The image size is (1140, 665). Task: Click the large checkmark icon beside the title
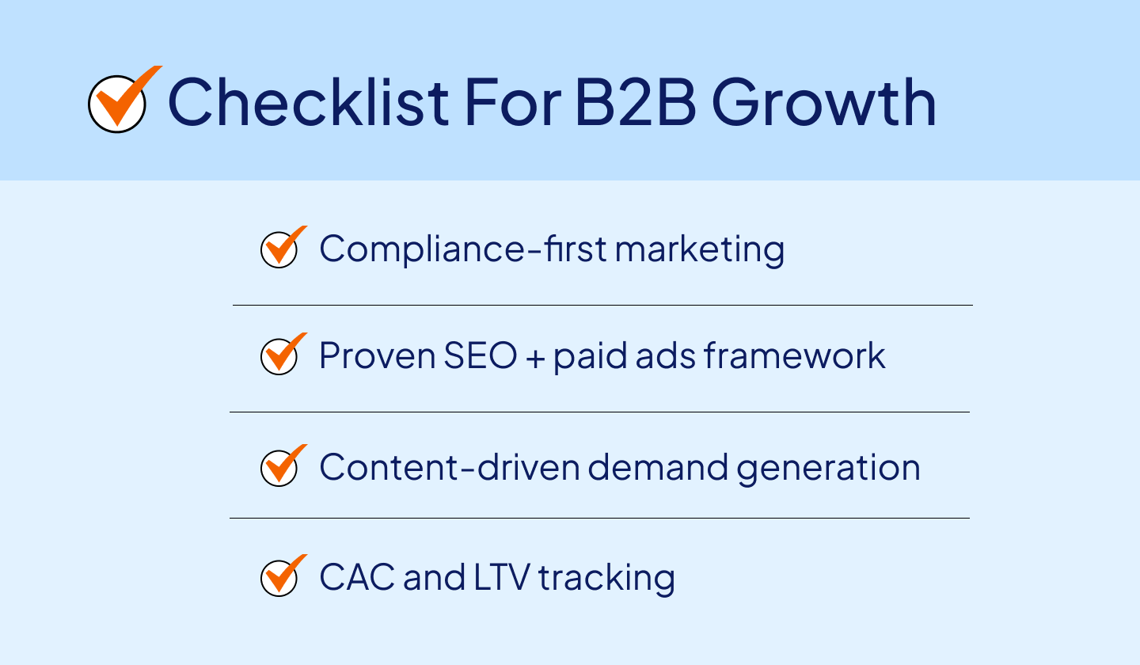119,101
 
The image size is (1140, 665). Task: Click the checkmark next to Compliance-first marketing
280,249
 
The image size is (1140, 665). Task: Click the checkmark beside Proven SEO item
280,356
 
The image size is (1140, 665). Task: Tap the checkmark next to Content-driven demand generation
280,467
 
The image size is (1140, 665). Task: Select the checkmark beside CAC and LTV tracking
280,578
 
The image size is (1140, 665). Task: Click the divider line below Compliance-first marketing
602,305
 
